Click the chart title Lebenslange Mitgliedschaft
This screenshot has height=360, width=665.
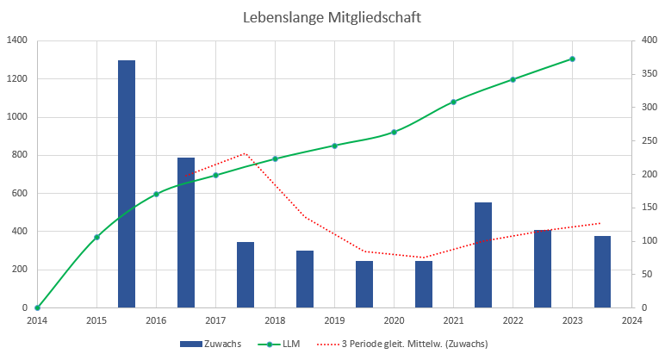click(332, 17)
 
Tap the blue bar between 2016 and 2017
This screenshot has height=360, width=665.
click(186, 233)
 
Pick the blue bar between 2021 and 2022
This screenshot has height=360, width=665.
click(483, 255)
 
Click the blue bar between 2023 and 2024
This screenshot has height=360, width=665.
click(602, 271)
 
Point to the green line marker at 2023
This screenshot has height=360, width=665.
click(573, 59)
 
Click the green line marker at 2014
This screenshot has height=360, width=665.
click(37, 307)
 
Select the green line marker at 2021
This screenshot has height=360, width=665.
click(453, 102)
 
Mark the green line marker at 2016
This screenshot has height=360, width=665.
click(156, 194)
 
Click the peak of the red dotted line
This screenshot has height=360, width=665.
click(245, 153)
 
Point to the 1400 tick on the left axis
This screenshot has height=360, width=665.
click(16, 40)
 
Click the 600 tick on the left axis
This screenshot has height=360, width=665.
click(19, 193)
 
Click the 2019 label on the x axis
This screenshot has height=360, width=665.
click(334, 320)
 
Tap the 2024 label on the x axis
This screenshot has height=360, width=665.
click(631, 320)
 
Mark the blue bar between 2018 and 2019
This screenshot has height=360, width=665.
click(305, 279)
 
